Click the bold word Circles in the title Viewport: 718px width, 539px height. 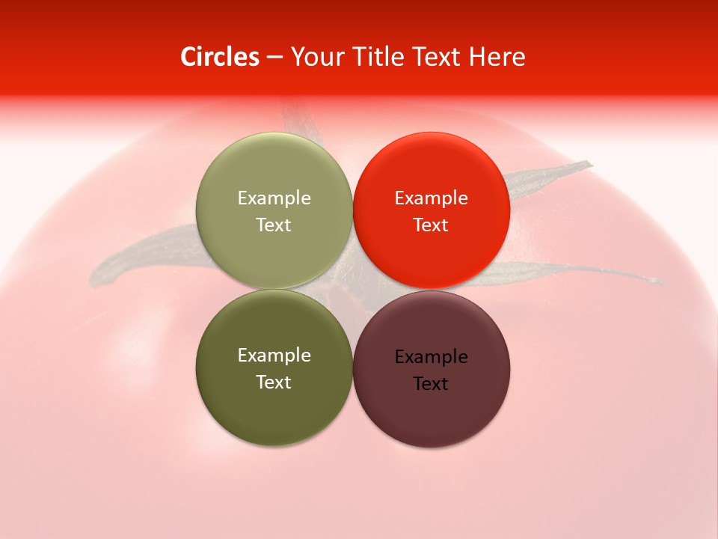219,57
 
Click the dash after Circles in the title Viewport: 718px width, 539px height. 274,58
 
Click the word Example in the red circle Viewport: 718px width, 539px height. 431,198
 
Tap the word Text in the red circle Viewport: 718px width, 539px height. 431,225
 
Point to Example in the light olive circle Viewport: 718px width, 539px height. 274,198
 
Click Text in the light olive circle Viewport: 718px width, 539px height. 274,225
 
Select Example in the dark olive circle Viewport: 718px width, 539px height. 274,356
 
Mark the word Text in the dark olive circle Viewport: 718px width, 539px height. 274,383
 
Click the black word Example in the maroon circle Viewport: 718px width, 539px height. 431,357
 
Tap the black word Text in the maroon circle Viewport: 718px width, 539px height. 431,384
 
